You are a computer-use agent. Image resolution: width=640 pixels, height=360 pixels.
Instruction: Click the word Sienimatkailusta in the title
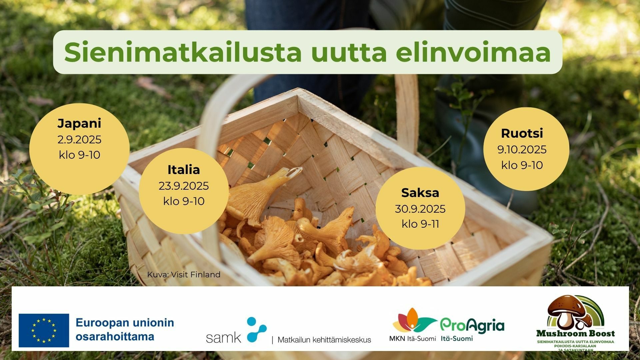coord(183,52)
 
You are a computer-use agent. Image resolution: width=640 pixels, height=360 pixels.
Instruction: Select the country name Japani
coord(79,124)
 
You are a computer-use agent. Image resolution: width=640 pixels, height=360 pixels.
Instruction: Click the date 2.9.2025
coord(79,139)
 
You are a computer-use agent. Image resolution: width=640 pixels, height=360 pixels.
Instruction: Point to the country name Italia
coord(184,170)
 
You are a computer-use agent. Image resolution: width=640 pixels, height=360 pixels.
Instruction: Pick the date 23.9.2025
coord(184,186)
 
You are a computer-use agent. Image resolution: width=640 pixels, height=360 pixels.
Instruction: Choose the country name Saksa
coord(420,193)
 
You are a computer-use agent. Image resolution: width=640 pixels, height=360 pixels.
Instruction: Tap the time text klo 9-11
coord(420,224)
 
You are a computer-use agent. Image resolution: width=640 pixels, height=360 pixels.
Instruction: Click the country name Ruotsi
coord(522,133)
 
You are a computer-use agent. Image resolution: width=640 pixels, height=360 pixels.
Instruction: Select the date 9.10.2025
coord(522,149)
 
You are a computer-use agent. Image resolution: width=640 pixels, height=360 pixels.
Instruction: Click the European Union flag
coord(44,330)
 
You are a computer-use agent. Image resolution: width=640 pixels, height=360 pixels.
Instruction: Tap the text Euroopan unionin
coord(125,323)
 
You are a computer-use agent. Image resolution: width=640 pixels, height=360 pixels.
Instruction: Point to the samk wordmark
coord(223,338)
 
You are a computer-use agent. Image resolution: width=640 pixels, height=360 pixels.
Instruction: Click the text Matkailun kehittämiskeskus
coord(324,340)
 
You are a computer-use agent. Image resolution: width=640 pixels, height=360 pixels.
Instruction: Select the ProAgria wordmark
coord(472,326)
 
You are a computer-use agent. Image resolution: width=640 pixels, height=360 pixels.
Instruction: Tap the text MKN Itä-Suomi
coord(412,339)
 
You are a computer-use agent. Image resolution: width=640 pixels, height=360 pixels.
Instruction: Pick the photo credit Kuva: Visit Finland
coord(184,274)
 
